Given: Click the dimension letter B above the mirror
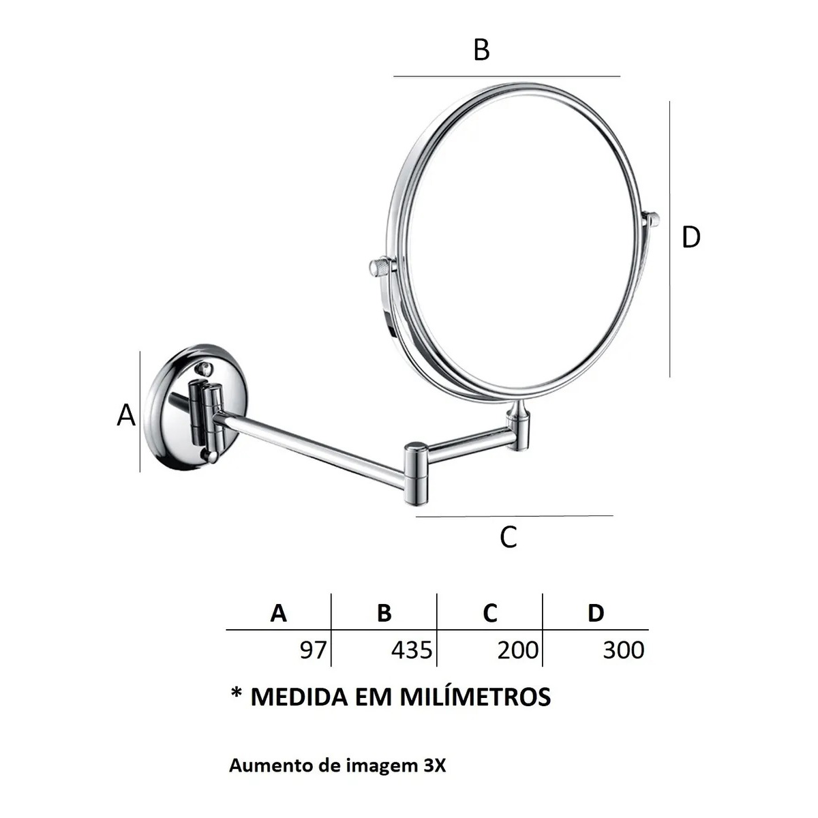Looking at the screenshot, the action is coord(481,50).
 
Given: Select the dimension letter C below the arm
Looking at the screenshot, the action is coord(508,537).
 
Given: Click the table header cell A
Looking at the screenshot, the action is coord(279,613).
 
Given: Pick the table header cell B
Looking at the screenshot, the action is coord(384,613).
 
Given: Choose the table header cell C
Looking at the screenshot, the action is coord(490,613).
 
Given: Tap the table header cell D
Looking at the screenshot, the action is coord(596,613).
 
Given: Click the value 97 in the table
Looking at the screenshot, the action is coord(314,650).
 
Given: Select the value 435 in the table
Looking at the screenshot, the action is coord(412,650).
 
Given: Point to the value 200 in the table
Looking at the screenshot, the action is coord(518,650).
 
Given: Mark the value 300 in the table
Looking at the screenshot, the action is coord(624,650).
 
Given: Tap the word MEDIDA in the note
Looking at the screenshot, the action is coord(299,697).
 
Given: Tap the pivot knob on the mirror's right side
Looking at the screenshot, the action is coord(652,219).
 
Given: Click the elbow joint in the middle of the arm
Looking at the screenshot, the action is coord(416,473).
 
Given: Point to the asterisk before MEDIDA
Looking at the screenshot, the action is coord(237,693).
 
